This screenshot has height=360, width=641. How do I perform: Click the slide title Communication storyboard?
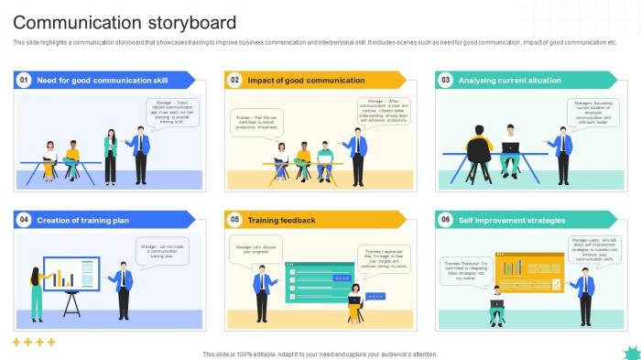click(x=125, y=22)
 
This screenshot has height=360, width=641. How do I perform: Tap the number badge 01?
click(x=24, y=81)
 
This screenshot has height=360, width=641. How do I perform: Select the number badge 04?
click(x=24, y=220)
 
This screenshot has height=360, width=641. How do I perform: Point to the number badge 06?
click(x=446, y=220)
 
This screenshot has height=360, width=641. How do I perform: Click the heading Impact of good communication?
click(x=306, y=81)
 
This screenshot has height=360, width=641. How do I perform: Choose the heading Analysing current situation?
click(x=509, y=81)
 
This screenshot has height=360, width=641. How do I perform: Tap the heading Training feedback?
click(x=281, y=220)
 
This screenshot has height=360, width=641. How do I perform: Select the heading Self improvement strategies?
click(x=513, y=220)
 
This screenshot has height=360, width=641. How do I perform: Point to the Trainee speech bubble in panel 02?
click(x=255, y=123)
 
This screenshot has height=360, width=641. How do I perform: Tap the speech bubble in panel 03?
click(x=593, y=113)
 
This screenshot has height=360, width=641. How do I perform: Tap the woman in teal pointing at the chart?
click(x=37, y=289)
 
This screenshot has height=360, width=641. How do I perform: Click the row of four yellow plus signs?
click(x=34, y=342)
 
